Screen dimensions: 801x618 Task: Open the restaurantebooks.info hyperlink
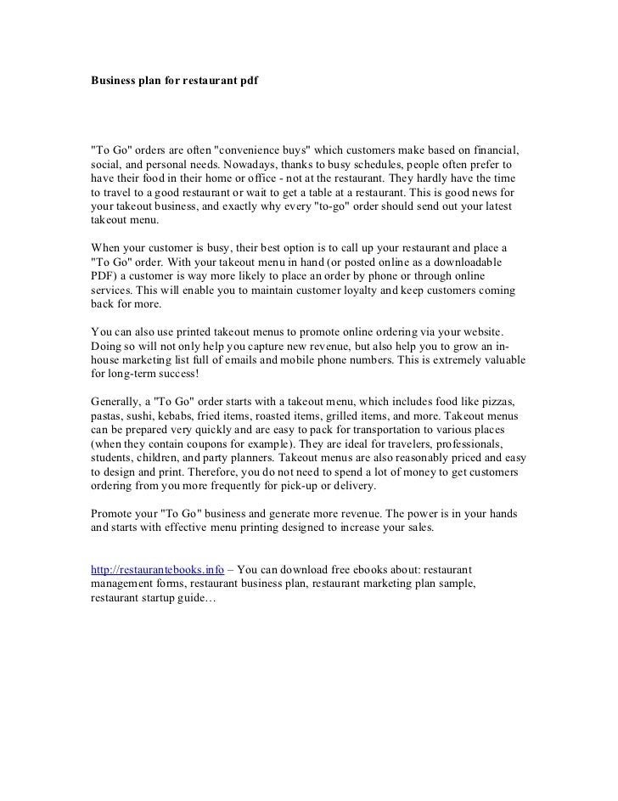tap(157, 570)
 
